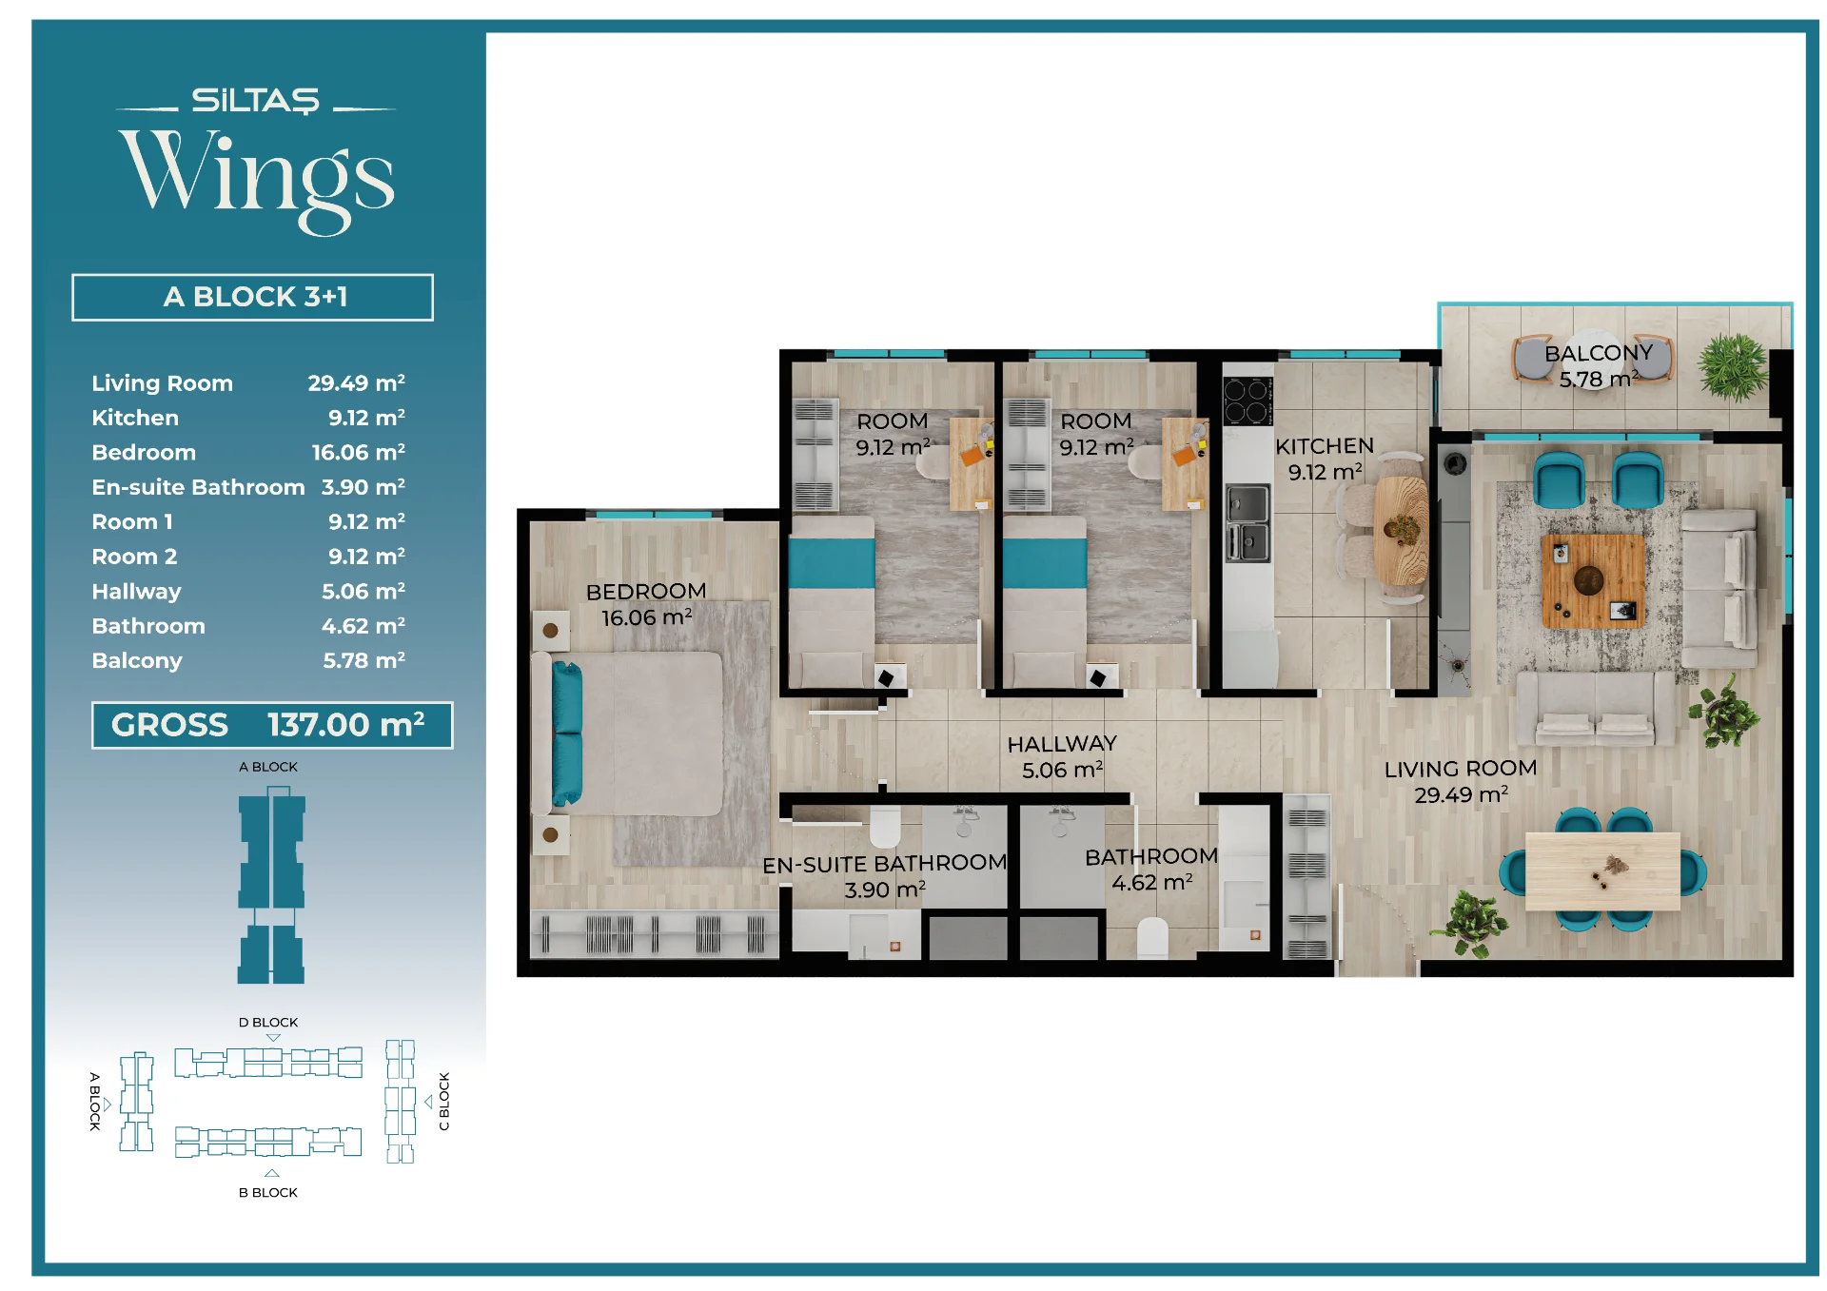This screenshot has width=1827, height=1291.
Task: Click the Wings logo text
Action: (x=257, y=179)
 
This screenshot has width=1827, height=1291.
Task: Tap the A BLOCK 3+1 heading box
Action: (x=252, y=297)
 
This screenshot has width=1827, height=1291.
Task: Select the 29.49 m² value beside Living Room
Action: (x=356, y=382)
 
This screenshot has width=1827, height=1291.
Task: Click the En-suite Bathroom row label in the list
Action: (x=198, y=487)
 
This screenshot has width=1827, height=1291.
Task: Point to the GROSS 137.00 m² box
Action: (x=272, y=725)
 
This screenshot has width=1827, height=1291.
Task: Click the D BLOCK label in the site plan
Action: (x=268, y=1022)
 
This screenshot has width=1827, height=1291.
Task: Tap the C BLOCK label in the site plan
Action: (x=443, y=1102)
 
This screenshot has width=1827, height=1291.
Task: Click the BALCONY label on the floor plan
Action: (x=1599, y=353)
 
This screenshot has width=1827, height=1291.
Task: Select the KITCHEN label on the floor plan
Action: (x=1325, y=446)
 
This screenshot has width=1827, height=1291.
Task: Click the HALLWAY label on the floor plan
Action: (x=1062, y=744)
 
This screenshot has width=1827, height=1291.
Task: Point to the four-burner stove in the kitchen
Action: (x=1247, y=401)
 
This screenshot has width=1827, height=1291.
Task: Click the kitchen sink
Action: (x=1247, y=522)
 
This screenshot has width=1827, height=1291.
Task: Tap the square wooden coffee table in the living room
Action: (x=1592, y=580)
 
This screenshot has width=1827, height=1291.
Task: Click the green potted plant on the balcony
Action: (x=1734, y=367)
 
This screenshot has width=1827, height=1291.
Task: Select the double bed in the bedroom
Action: (x=633, y=734)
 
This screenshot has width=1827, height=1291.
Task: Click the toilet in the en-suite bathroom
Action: (x=885, y=826)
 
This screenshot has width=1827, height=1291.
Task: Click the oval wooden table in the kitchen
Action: (x=1401, y=531)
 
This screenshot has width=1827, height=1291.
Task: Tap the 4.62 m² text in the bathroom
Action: (x=1151, y=883)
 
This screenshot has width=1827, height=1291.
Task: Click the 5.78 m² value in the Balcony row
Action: (x=363, y=660)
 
